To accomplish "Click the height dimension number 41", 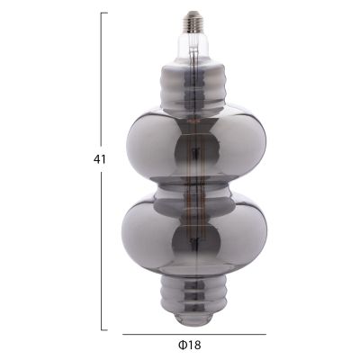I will [x=99, y=159].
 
